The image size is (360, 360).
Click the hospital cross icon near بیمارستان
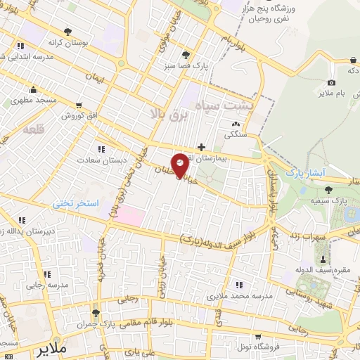[x=202, y=148]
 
